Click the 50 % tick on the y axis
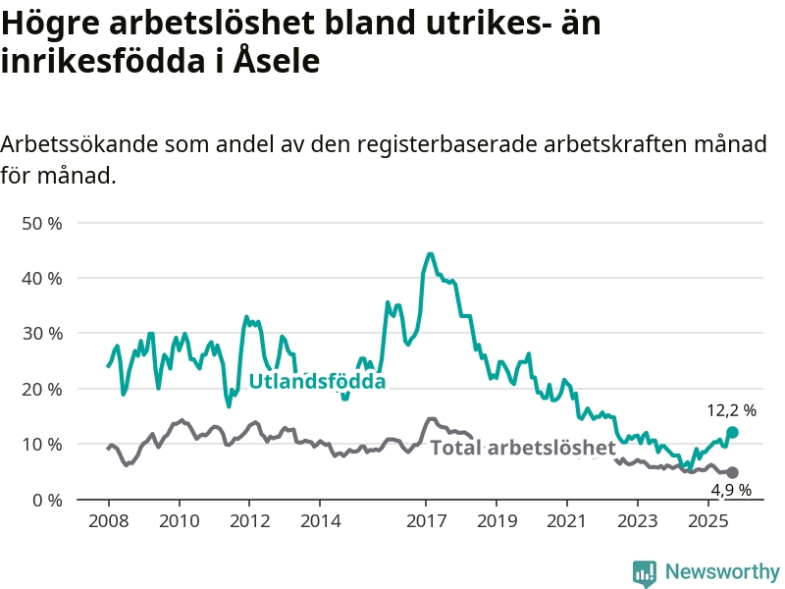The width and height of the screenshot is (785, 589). click(x=41, y=223)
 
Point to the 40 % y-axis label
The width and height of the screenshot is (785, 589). click(x=41, y=278)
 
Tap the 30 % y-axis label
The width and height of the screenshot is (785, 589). click(x=41, y=334)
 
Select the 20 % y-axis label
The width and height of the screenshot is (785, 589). click(x=41, y=389)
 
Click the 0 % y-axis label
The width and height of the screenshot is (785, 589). click(x=46, y=500)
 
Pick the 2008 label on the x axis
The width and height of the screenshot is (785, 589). click(x=108, y=518)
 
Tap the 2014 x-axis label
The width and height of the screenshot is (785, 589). click(x=320, y=518)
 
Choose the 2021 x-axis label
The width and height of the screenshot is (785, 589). click(x=567, y=518)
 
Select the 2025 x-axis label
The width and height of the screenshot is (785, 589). click(x=708, y=518)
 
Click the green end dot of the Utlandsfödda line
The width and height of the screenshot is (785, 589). click(x=732, y=432)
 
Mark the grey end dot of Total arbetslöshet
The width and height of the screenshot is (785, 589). click(x=732, y=472)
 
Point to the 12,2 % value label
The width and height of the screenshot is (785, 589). click(x=732, y=410)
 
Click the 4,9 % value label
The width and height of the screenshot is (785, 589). click(x=732, y=489)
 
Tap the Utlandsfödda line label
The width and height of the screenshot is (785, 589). click(x=317, y=382)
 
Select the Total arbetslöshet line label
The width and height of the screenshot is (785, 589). click(x=523, y=448)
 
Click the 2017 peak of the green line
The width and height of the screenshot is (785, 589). click(x=430, y=253)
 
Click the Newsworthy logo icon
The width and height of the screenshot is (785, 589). click(x=645, y=572)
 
